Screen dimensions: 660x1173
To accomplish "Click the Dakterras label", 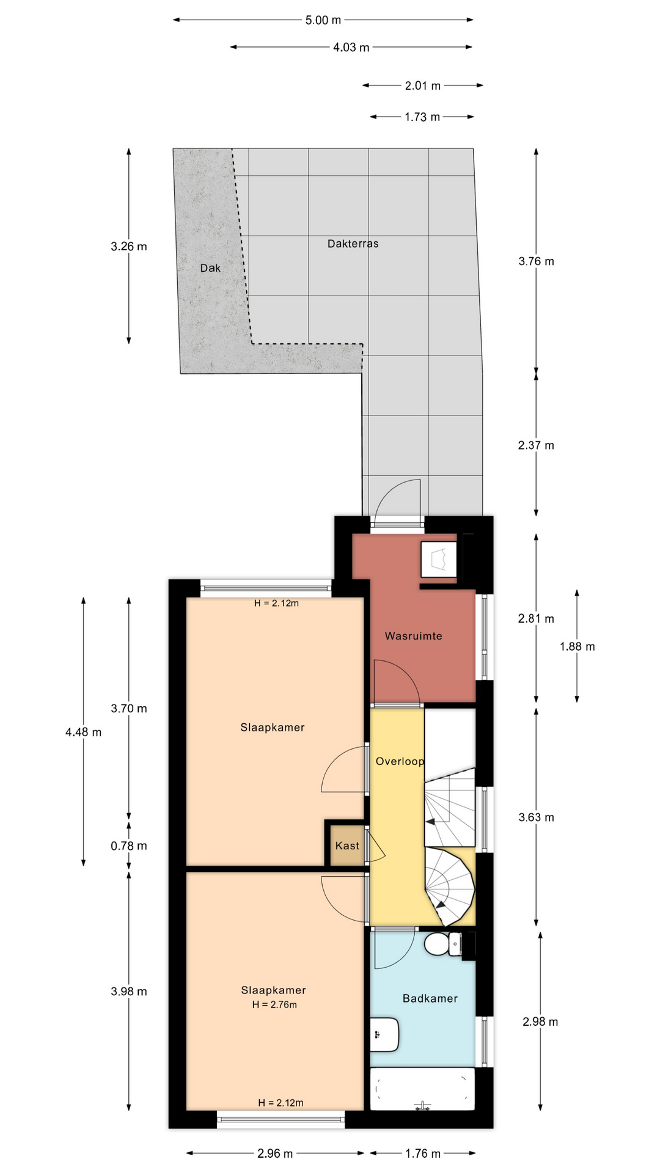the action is (353, 244).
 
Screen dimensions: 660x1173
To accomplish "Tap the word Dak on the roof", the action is (210, 268).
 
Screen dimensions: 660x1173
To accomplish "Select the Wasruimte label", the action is (413, 636).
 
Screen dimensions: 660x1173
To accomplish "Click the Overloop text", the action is (400, 761).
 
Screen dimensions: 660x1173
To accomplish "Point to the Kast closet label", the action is (347, 846).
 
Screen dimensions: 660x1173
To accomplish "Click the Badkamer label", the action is (430, 998).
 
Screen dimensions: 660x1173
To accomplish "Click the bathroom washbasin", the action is (384, 1035).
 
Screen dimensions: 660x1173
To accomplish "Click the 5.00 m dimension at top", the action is (323, 20).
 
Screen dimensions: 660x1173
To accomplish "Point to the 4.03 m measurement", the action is (351, 47).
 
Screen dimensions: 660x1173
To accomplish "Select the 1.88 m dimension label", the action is (577, 646).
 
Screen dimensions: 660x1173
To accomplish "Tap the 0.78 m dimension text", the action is (129, 846).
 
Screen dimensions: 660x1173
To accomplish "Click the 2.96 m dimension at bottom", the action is (275, 1153).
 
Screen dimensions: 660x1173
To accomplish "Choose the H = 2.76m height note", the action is (274, 1004).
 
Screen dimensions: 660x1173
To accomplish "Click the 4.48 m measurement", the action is (84, 732).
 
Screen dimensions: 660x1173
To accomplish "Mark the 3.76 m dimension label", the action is (537, 261).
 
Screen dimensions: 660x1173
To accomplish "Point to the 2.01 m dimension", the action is (423, 86).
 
